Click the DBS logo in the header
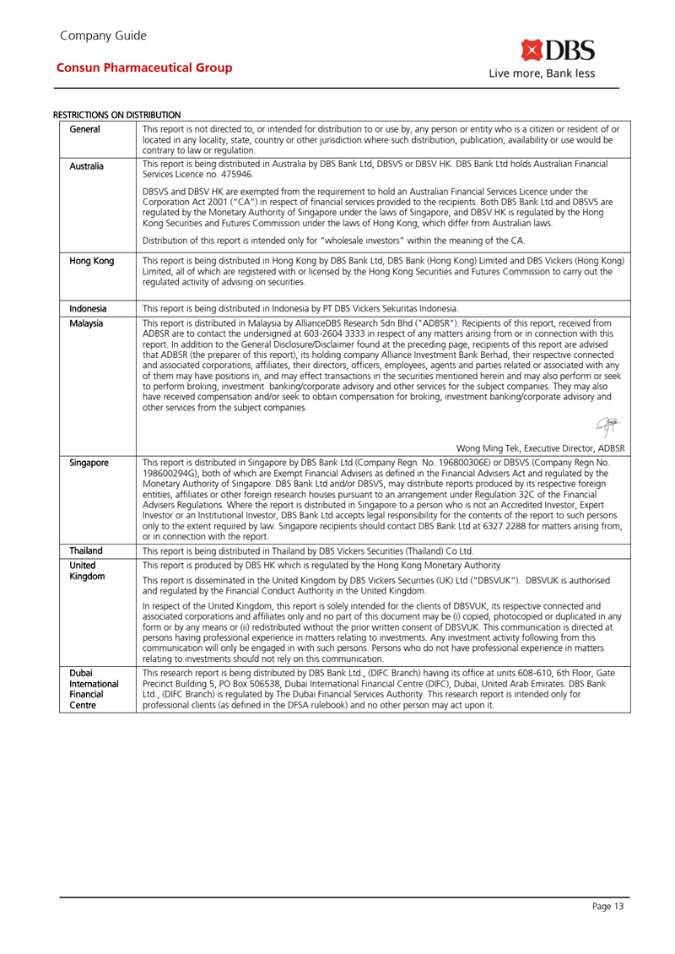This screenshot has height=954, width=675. click(558, 50)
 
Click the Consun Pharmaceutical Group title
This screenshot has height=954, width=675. click(143, 68)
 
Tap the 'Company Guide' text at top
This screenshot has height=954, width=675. click(103, 35)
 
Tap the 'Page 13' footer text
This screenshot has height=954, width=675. click(607, 907)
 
